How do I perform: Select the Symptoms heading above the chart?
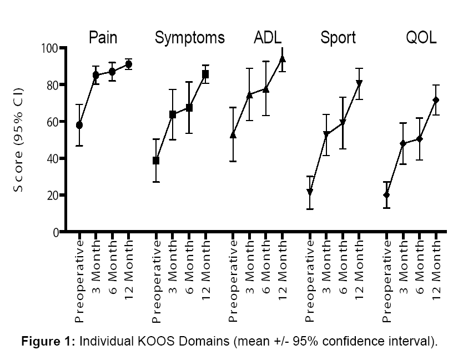[x=190, y=38]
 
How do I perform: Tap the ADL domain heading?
[x=268, y=38]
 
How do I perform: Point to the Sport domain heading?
[x=338, y=38]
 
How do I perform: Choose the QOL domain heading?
[x=421, y=38]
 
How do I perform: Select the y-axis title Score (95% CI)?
[x=19, y=140]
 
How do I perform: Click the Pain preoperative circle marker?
[x=79, y=125]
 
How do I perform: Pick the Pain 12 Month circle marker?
[x=128, y=64]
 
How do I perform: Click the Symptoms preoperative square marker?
[x=156, y=161]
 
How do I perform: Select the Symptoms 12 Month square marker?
[x=205, y=74]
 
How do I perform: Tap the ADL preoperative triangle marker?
[x=233, y=134]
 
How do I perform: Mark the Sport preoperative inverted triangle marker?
[x=310, y=192]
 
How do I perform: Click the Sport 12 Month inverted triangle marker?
[x=359, y=84]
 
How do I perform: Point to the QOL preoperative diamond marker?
[x=386, y=195]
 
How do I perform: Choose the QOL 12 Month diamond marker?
[x=436, y=100]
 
